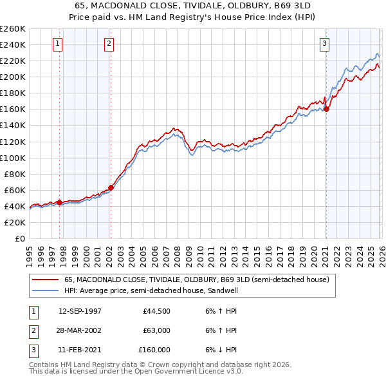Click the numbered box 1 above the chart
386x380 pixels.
(58, 44)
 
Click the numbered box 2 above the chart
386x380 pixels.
(109, 44)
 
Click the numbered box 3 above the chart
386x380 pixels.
(325, 44)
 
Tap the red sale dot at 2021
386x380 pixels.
(326, 109)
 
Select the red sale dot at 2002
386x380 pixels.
(111, 187)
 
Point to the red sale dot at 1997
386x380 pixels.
(59, 202)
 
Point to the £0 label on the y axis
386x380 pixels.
(19, 238)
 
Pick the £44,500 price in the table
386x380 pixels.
(157, 310)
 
